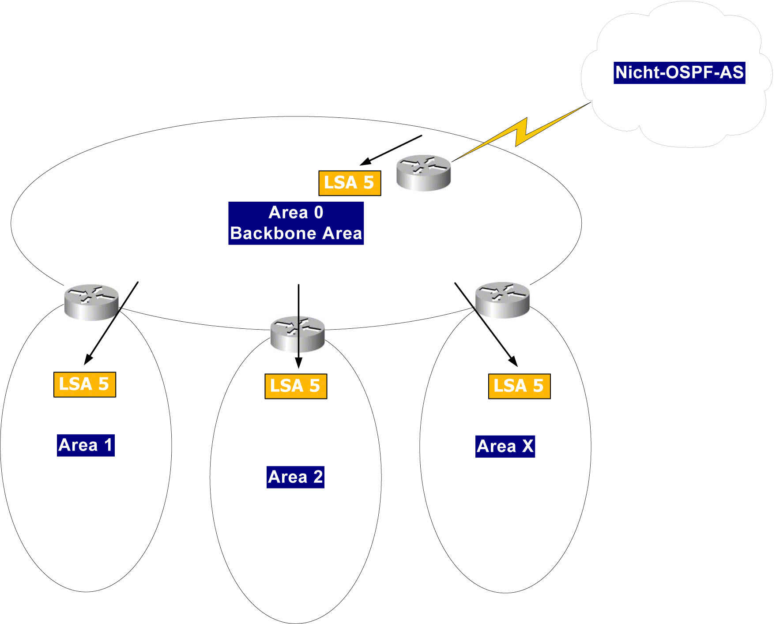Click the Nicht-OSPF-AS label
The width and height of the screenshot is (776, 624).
pos(679,73)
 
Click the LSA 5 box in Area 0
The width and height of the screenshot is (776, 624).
pos(349,183)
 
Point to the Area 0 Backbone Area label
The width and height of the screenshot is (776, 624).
pos(296,223)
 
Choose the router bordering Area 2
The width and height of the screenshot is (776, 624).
pos(297,334)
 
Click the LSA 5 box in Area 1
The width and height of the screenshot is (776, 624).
pos(84,384)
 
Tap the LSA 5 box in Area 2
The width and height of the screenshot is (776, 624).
pos(295,386)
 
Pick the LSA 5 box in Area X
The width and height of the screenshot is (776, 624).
pos(519,386)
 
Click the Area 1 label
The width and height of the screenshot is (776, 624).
pos(86,445)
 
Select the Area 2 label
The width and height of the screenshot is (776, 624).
pos(295,477)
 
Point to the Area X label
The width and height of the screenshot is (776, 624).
pos(505,446)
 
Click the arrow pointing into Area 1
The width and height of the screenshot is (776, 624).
pos(111,323)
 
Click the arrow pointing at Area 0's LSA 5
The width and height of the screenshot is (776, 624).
pos(391,150)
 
